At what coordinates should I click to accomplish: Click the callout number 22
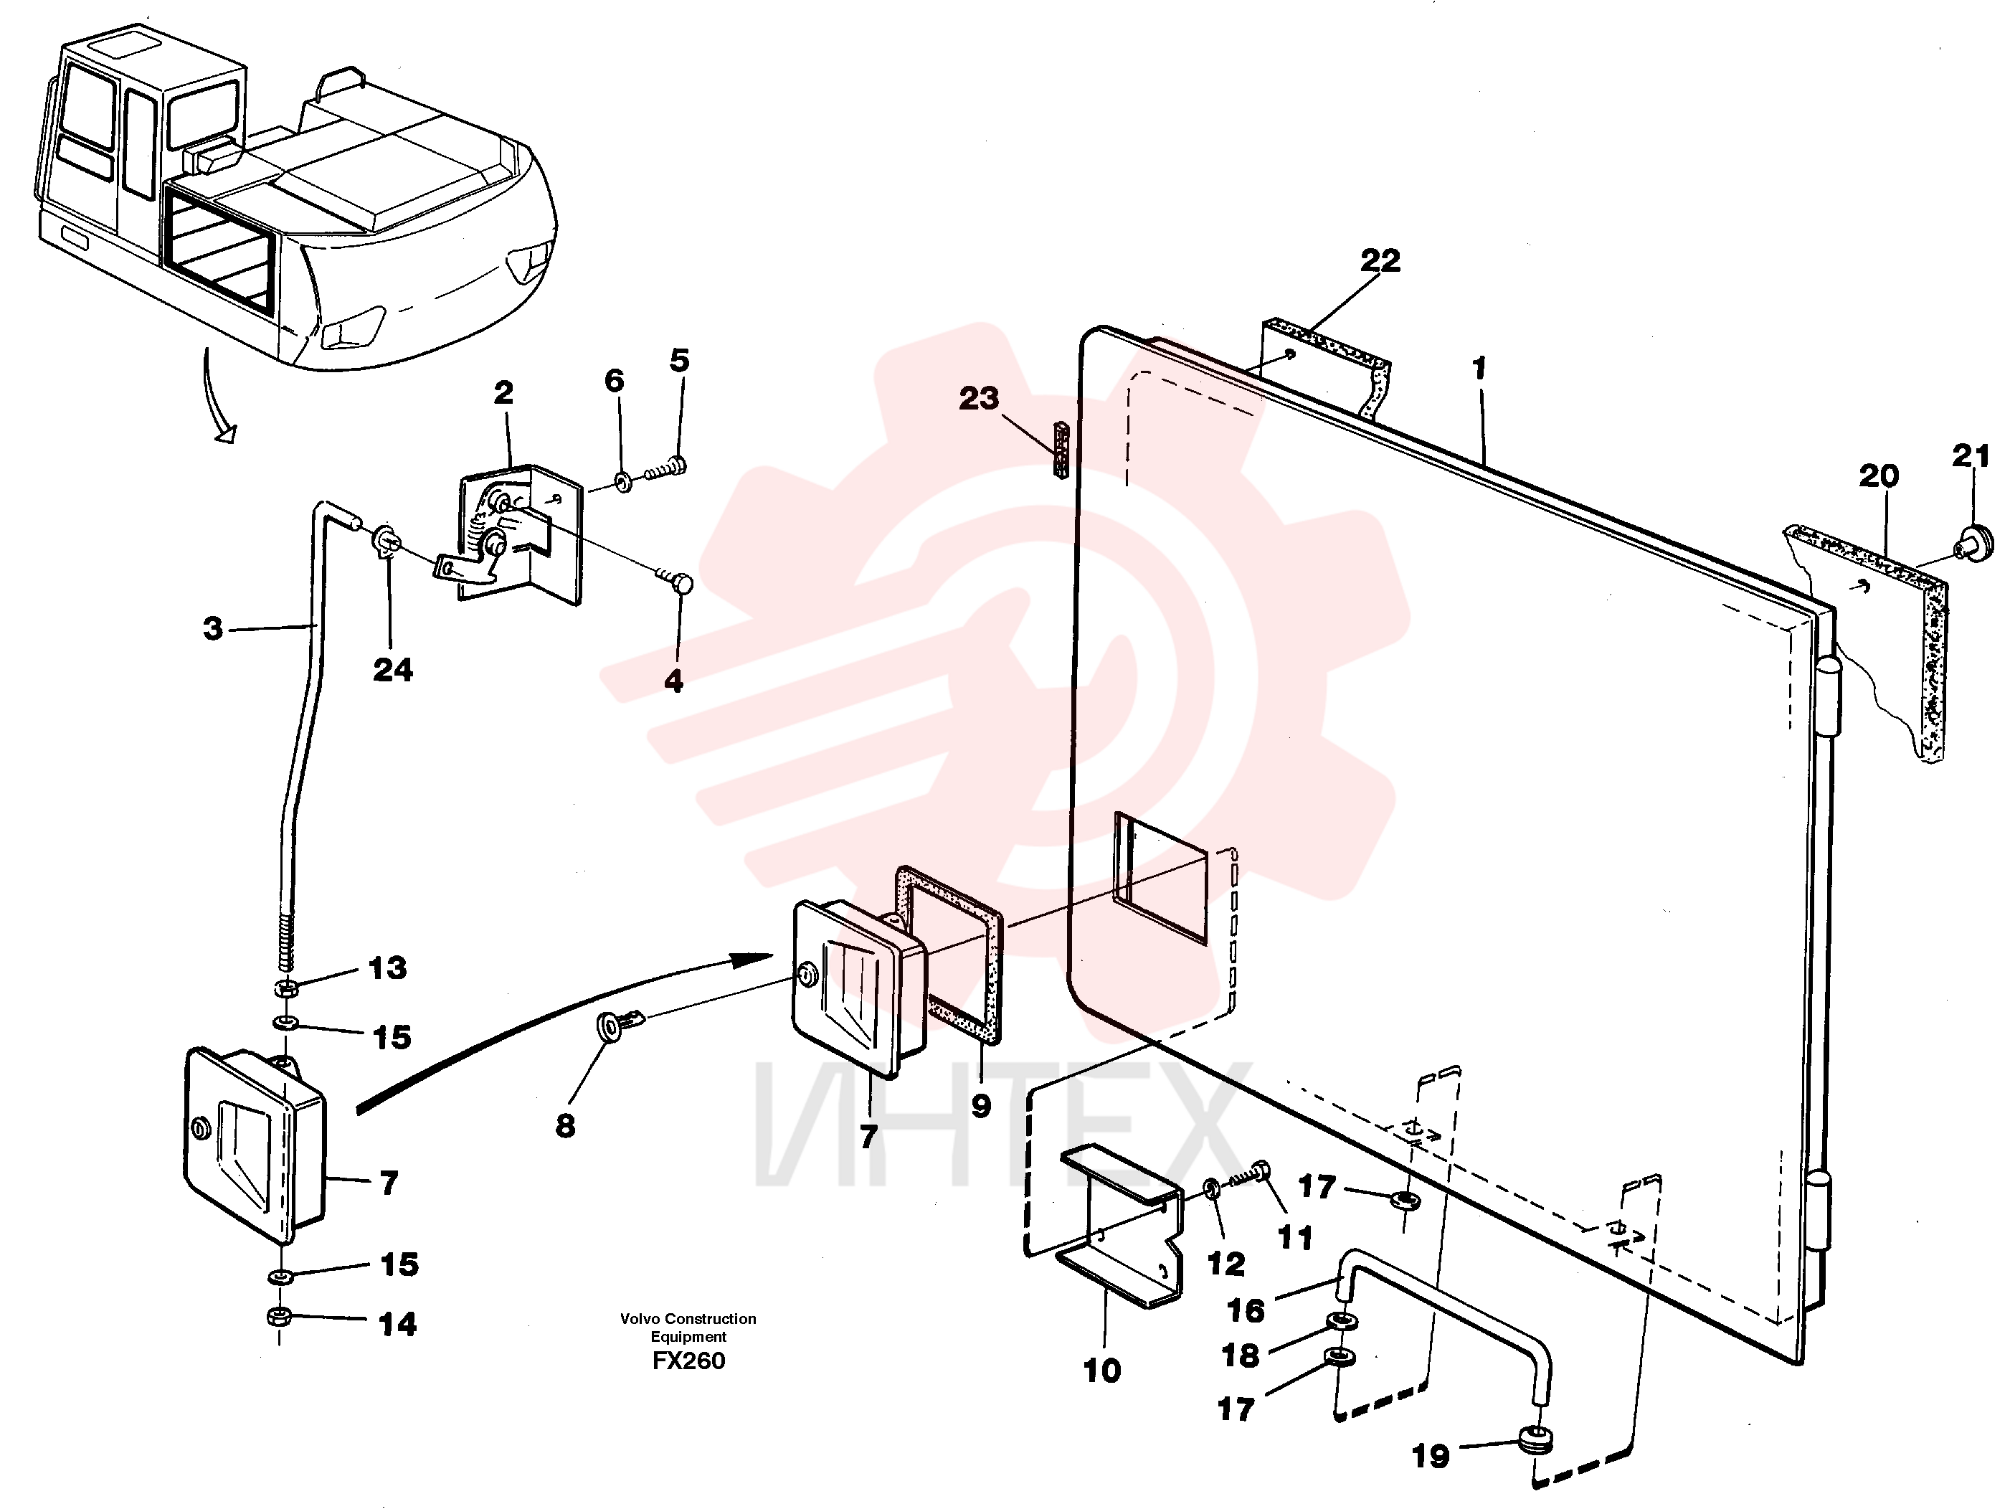point(1380,261)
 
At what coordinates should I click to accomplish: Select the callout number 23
point(979,398)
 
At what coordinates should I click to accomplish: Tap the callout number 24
point(392,670)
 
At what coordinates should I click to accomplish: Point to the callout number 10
point(1102,1371)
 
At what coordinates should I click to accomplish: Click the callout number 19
point(1431,1456)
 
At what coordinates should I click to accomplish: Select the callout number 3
point(213,628)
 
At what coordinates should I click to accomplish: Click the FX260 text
point(689,1361)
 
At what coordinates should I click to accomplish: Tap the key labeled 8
point(620,1023)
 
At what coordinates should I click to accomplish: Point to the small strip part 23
point(1060,449)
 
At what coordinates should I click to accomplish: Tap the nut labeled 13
point(285,988)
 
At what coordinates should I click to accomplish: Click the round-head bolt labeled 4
point(677,580)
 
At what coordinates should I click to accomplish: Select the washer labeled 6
point(623,481)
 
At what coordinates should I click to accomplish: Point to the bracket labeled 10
point(1119,1226)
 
